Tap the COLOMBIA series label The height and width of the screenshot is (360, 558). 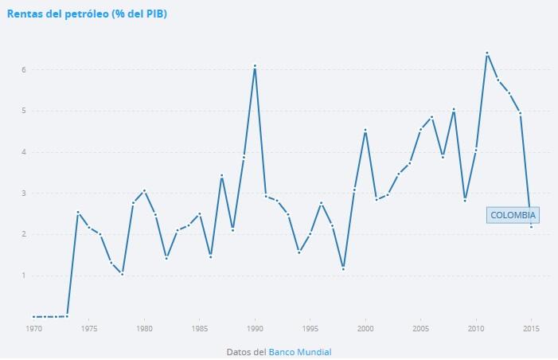513,215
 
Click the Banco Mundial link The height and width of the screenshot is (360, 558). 299,351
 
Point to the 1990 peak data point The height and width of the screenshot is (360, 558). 255,65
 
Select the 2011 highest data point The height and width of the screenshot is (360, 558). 486,53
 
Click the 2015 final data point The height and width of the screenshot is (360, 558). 531,227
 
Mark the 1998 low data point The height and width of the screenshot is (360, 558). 343,268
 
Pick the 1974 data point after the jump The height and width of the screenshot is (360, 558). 78,212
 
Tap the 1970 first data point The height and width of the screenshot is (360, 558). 33,316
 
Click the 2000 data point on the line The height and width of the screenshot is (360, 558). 365,130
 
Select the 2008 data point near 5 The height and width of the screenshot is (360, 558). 454,109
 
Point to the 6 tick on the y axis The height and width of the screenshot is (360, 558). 25,70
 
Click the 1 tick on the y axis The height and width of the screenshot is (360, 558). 25,276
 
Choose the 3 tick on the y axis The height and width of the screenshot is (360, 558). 25,194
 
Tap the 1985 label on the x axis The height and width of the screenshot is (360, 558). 199,328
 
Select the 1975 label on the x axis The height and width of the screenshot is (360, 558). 88,328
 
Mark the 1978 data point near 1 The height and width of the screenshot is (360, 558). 122,273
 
